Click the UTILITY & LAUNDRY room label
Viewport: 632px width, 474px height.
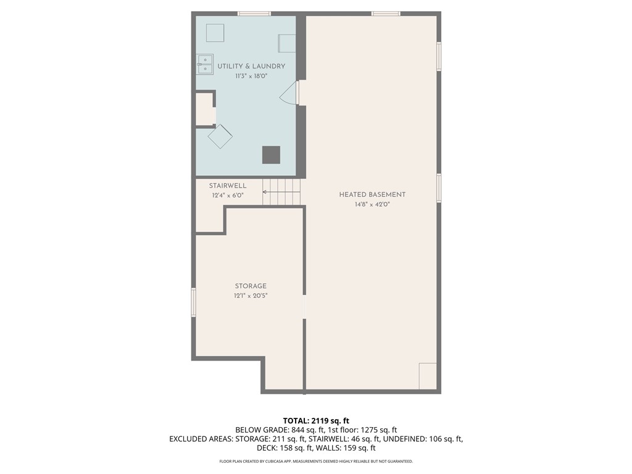click(x=251, y=66)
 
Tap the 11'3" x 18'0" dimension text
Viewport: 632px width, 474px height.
click(x=251, y=77)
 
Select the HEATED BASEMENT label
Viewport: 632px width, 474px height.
click(x=372, y=194)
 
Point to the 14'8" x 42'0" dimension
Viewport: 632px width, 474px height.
click(x=372, y=204)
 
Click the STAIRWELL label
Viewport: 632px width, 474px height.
click(x=228, y=186)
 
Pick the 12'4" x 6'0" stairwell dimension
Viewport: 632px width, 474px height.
click(x=228, y=196)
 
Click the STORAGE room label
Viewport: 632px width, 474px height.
click(x=251, y=286)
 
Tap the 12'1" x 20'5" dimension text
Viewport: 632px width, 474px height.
click(x=251, y=296)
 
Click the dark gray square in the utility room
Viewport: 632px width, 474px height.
click(x=271, y=155)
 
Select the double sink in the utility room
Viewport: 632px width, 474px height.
click(x=205, y=64)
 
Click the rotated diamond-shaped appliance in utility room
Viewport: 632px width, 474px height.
click(x=220, y=136)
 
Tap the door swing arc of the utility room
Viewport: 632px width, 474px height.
click(x=288, y=94)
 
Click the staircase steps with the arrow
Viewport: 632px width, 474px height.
click(x=281, y=192)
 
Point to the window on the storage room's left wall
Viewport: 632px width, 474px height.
click(x=193, y=303)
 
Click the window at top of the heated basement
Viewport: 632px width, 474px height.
click(x=386, y=13)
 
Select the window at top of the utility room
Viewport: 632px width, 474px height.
click(x=254, y=13)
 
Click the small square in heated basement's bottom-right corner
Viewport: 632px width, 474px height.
click(x=428, y=376)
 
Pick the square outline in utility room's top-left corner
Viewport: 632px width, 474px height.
click(x=215, y=33)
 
